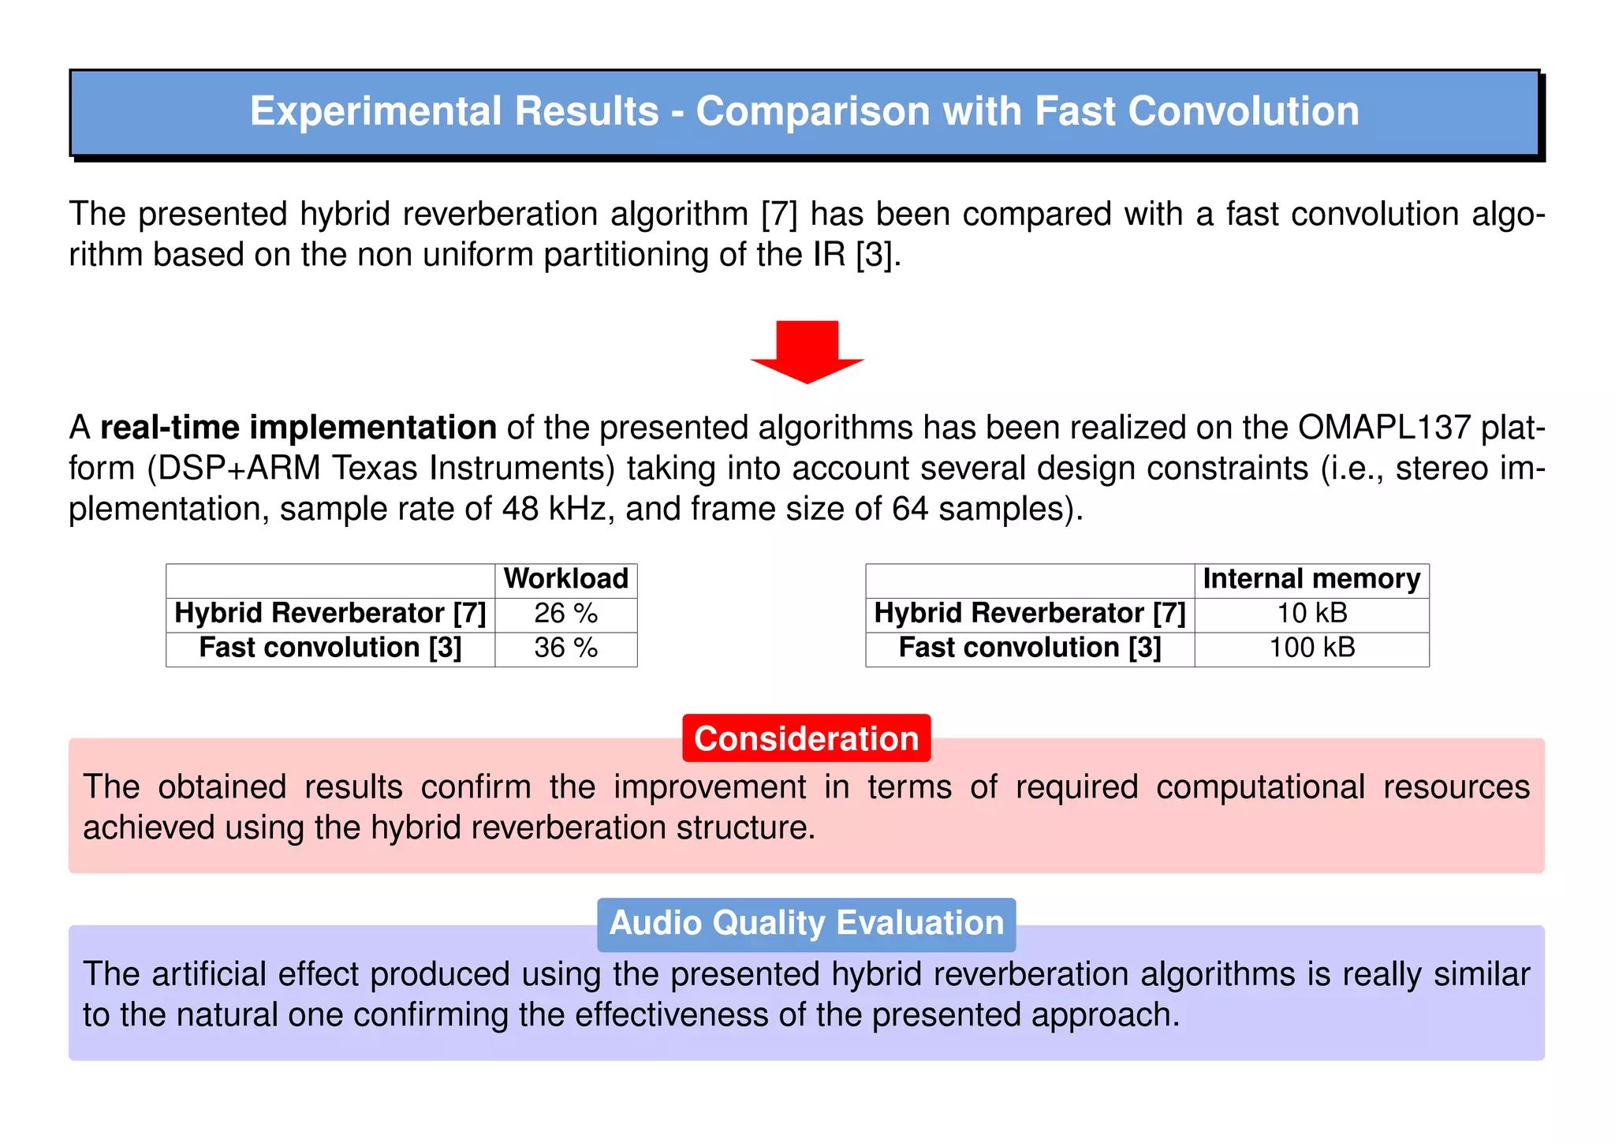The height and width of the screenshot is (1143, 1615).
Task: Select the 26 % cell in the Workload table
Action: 565,614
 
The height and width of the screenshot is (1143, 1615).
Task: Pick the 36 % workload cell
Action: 565,648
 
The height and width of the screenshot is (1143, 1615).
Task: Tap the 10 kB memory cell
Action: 1311,614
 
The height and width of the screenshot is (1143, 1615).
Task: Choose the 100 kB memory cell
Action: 1311,648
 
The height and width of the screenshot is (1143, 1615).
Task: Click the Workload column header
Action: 565,579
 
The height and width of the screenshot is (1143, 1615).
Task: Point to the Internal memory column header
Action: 1311,579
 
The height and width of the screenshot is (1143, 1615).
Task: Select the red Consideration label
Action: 806,738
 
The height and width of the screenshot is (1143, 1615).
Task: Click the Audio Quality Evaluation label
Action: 806,924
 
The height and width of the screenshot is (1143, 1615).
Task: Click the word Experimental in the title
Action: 375,111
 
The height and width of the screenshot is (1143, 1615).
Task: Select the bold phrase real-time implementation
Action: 298,428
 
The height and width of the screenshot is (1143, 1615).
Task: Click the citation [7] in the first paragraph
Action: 779,215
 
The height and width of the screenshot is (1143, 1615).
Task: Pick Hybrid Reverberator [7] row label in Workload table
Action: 330,614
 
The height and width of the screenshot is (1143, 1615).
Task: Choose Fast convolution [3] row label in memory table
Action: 1029,648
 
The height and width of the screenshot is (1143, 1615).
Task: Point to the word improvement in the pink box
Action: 710,787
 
